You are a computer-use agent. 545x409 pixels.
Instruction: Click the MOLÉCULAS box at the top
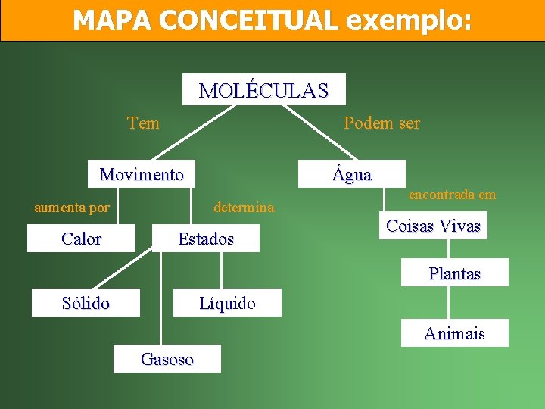[264, 90]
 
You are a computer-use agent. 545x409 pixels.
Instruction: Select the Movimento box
[142, 174]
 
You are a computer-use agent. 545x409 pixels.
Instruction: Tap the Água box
[352, 174]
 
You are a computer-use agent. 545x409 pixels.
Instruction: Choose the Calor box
[81, 239]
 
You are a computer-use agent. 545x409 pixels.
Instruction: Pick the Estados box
[206, 239]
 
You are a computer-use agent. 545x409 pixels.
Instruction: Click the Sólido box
[86, 303]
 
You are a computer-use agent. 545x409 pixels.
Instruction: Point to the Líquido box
[227, 303]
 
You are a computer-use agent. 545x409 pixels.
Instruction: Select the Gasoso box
[167, 359]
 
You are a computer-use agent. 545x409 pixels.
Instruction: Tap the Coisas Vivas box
[433, 226]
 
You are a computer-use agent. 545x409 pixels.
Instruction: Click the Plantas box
[454, 273]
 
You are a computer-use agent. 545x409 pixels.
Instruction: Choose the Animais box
[454, 333]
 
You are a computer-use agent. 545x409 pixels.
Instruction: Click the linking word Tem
[144, 123]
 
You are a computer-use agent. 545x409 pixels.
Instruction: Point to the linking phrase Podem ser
[381, 123]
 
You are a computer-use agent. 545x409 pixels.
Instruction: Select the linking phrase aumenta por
[72, 207]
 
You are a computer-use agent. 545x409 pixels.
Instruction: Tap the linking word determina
[244, 207]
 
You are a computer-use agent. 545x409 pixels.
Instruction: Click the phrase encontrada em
[452, 195]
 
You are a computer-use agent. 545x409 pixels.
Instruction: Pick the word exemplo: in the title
[409, 20]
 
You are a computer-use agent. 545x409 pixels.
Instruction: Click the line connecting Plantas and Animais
[449, 303]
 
